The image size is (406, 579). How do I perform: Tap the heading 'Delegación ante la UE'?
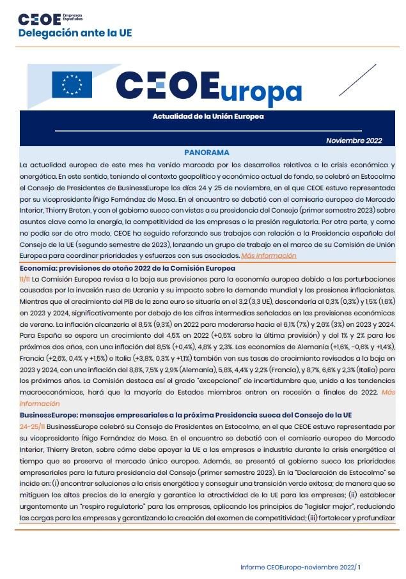74,33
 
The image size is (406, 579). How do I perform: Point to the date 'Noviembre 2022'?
354,140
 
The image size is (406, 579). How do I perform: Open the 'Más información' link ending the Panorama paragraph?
269,256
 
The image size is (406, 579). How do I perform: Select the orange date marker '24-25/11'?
33,425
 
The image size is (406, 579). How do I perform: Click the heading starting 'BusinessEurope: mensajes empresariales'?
186,414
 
